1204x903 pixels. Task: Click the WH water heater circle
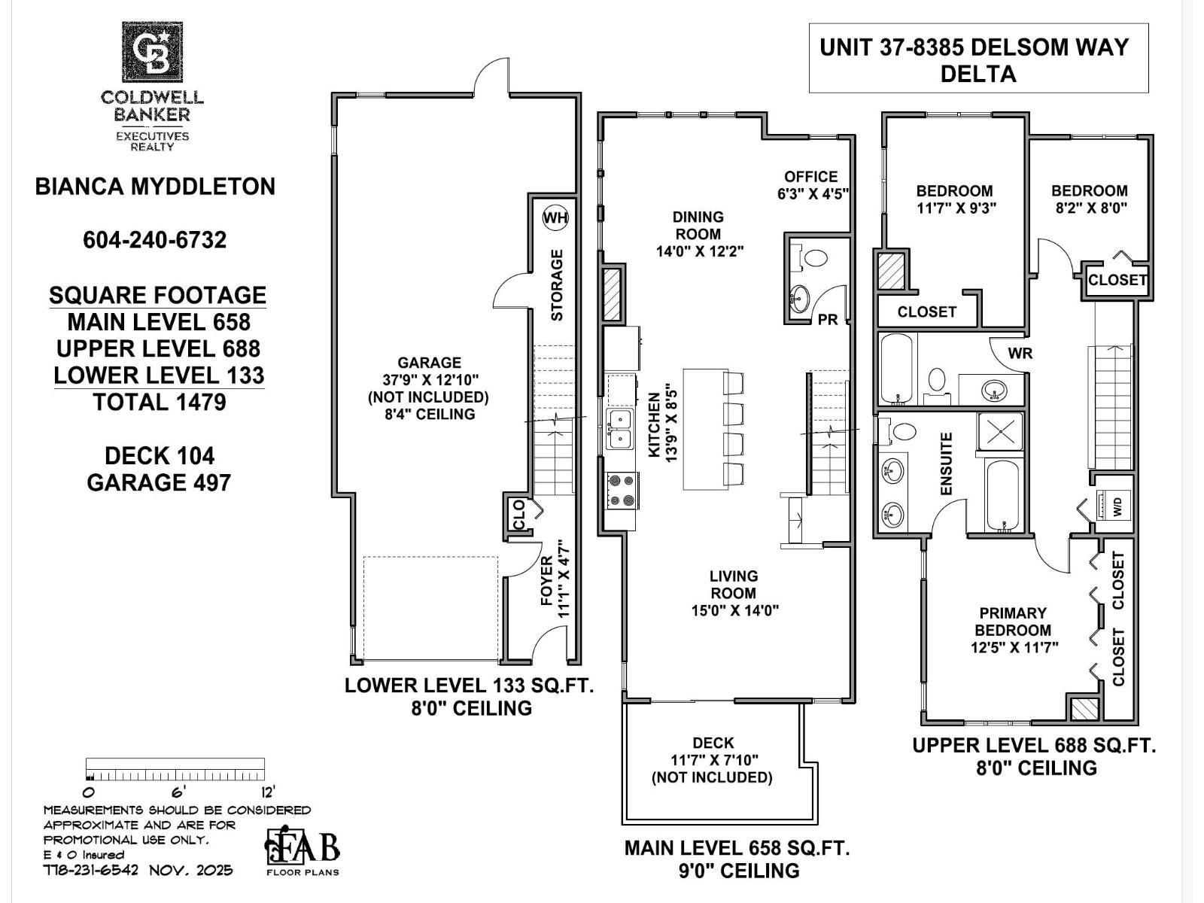[555, 218]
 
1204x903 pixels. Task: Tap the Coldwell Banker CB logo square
[153, 52]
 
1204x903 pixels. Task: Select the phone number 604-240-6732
[155, 239]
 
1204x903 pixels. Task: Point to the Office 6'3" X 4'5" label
[812, 185]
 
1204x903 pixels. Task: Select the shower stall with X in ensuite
[1001, 431]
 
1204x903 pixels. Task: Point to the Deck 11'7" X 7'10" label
[712, 760]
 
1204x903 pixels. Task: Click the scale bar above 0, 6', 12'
[175, 769]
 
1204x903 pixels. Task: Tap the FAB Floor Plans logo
[302, 850]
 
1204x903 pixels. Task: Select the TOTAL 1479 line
[159, 402]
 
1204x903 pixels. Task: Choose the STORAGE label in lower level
[557, 285]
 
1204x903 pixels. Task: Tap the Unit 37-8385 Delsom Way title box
[977, 59]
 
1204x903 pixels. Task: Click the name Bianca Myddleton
[155, 187]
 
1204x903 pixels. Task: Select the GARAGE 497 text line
[159, 482]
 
